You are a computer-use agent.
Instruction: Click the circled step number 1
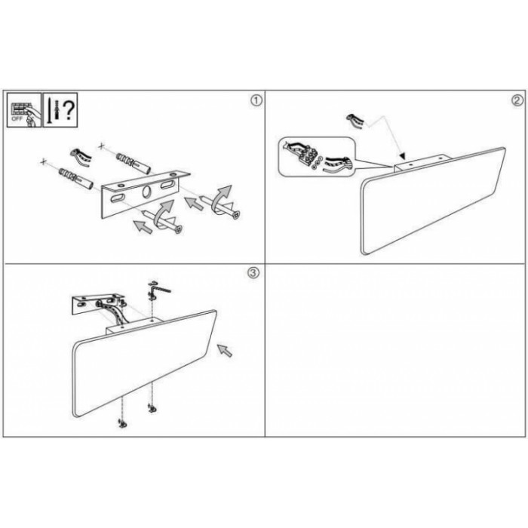256,100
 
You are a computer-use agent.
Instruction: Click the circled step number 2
517,100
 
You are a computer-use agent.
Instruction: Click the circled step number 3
253,273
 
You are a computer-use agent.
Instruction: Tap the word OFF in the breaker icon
16,119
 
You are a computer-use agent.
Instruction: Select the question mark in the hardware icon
69,110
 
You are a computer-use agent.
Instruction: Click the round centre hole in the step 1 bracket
147,192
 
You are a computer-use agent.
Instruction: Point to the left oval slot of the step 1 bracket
117,198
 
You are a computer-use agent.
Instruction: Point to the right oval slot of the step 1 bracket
167,185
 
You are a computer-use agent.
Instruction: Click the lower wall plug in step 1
76,177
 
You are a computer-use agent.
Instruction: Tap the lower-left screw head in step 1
180,230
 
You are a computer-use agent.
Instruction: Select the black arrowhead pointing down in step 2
402,156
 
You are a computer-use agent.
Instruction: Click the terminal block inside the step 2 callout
307,156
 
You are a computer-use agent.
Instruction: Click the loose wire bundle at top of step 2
355,121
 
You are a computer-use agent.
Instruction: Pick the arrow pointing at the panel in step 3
225,351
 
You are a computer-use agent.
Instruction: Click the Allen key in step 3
160,289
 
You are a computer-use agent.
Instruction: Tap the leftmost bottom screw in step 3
121,424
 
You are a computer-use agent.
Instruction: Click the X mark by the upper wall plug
101,146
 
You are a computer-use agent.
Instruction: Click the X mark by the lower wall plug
43,162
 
